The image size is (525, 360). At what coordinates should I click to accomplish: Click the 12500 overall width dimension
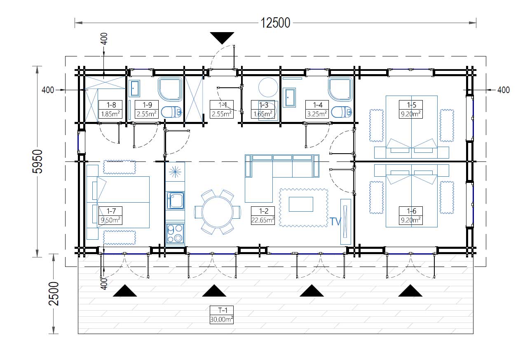[275, 23]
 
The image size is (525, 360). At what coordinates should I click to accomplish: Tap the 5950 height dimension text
[37, 161]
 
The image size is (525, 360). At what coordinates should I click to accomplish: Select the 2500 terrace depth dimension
[54, 294]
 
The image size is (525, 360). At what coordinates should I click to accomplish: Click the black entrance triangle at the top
[222, 37]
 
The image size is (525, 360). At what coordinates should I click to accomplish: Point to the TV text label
[335, 222]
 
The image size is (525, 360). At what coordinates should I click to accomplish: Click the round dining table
[218, 212]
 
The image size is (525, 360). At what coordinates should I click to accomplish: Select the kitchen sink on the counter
[175, 201]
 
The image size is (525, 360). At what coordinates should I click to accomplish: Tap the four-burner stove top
[175, 233]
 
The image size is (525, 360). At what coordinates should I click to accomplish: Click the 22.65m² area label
[263, 220]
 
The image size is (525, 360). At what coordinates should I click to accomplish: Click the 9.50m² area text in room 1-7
[110, 220]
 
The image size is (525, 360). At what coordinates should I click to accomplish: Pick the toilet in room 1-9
[171, 112]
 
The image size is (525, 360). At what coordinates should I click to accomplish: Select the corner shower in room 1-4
[340, 89]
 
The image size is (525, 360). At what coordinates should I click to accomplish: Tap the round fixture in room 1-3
[268, 87]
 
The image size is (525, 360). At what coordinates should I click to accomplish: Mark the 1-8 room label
[111, 105]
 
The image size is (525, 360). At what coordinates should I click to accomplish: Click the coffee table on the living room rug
[301, 204]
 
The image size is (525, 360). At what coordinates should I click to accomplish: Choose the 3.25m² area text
[317, 114]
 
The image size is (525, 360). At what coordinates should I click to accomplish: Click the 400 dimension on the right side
[504, 90]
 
